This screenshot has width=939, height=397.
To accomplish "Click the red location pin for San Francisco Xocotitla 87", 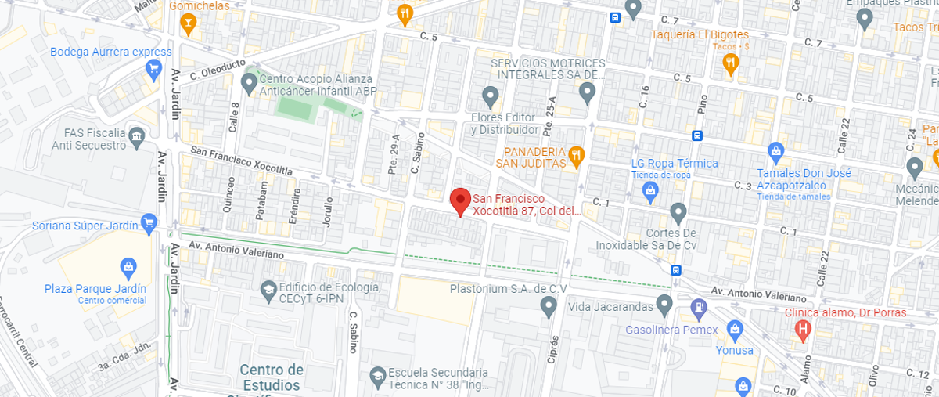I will click(x=460, y=202).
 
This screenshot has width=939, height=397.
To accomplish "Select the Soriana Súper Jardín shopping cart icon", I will click(x=149, y=226).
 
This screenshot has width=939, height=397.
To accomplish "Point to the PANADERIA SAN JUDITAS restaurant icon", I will click(x=576, y=154).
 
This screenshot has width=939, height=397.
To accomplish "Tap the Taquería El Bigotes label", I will click(x=701, y=34).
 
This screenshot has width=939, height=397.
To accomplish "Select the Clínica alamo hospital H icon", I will click(x=801, y=330).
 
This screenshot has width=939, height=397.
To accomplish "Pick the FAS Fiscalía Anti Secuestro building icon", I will click(x=137, y=137).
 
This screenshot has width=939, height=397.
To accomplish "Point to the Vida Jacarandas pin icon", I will click(x=664, y=302).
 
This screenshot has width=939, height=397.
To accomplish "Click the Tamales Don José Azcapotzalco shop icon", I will click(x=775, y=150).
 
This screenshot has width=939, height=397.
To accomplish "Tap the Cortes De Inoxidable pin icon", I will click(x=678, y=211).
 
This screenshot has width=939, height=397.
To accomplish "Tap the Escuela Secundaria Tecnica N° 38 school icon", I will click(x=377, y=375).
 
